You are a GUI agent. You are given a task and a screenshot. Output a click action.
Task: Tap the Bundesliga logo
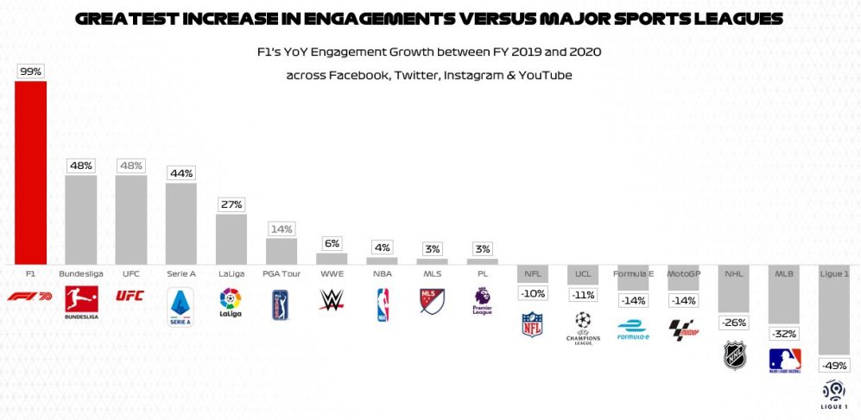click(81, 303)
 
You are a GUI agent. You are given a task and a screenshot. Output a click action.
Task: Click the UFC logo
click(130, 296)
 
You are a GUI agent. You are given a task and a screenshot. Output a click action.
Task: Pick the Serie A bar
click(180, 223)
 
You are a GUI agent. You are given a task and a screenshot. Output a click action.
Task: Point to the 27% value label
click(231, 204)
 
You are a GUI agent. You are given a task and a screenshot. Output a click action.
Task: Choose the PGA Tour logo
click(282, 304)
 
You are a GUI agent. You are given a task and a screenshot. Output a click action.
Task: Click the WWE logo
click(332, 299)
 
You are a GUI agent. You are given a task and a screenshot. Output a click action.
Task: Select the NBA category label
click(382, 274)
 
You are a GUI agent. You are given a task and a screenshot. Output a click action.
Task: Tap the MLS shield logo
click(432, 301)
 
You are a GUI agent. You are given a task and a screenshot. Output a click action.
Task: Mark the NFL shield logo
click(532, 324)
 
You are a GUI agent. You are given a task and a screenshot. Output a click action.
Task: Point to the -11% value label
click(582, 294)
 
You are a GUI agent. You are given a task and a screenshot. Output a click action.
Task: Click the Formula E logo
click(633, 330)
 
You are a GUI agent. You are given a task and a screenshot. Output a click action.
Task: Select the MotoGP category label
click(683, 274)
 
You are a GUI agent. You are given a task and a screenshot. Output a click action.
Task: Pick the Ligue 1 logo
click(834, 393)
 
